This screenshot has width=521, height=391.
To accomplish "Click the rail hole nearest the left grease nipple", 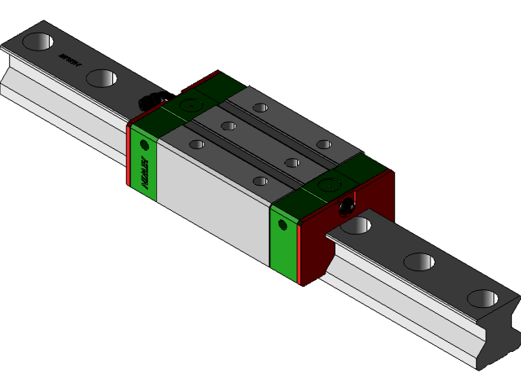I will tap(101, 78).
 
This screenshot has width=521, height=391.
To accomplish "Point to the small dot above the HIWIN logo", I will tap(145, 145).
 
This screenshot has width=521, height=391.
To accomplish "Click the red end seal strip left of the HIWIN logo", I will tap(129, 155).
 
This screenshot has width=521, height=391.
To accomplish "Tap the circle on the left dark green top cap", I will tap(190, 104).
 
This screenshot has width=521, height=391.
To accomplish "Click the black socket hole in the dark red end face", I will tap(349, 206).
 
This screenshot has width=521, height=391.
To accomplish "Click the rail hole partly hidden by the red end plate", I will tap(356, 225).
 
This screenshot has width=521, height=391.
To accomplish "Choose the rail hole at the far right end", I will tap(483, 298).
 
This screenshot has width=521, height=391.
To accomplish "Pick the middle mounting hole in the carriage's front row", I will tap(229, 125).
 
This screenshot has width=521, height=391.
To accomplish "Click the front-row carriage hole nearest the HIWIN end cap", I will tap(196, 144).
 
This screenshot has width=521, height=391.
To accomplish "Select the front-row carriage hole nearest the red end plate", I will tap(260, 181).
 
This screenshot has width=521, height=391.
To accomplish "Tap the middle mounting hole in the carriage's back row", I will tap(292, 162).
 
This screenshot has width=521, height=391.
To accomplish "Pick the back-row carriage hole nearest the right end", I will tap(324, 144).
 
